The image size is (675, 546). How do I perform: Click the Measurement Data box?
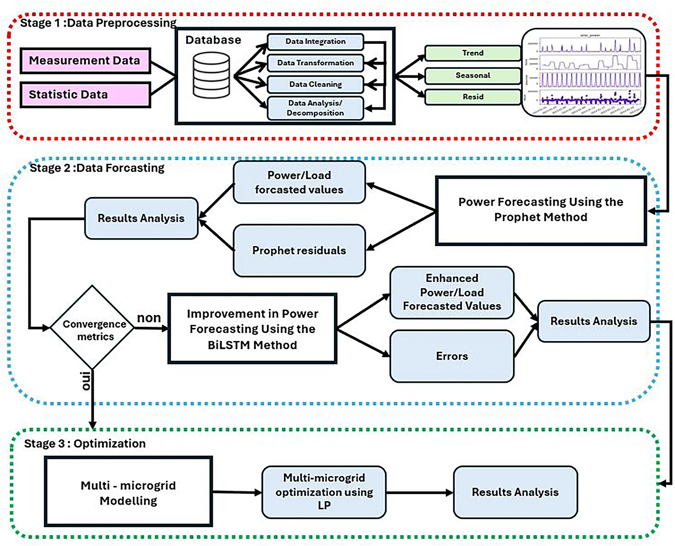pos(85,61)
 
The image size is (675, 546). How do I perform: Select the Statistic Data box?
pos(85,95)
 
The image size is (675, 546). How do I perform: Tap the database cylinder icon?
pos(211,75)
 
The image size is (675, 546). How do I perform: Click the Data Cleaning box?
pos(315,84)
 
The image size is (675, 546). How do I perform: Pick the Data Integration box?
pos(315,41)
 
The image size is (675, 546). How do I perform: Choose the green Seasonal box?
pos(472,75)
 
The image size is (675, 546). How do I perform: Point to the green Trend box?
pos(472,53)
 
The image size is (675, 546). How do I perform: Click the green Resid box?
pos(472,97)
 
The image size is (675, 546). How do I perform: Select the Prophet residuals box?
pos(299,250)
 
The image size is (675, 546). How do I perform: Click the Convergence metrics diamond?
pos(92,328)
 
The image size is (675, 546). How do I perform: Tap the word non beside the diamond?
pos(149,317)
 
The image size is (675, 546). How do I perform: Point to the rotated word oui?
pos(86,381)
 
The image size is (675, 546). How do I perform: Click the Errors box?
pos(451,356)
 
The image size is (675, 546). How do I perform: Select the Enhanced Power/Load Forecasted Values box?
pos(451,292)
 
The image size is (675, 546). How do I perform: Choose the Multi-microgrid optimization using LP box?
pos(324,492)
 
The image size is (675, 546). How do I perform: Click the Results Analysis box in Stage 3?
pos(515,492)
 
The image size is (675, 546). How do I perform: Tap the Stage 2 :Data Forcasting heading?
pos(97,168)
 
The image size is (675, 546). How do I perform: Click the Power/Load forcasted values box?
pos(299,182)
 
